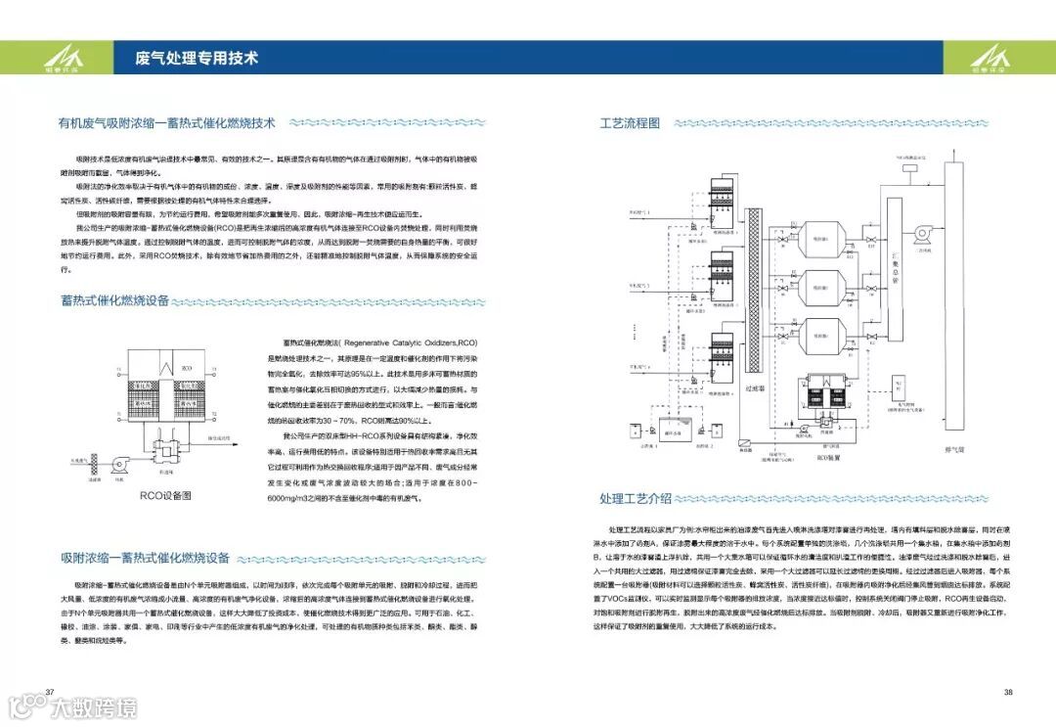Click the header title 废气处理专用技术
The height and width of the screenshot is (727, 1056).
[x=197, y=58]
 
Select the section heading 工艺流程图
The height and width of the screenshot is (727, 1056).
[x=630, y=123]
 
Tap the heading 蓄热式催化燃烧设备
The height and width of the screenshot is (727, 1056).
[x=114, y=299]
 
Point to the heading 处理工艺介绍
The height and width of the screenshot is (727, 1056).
[x=636, y=498]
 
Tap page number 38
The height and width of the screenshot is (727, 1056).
[x=1007, y=693]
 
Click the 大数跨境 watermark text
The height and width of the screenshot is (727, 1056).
[x=93, y=706]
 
